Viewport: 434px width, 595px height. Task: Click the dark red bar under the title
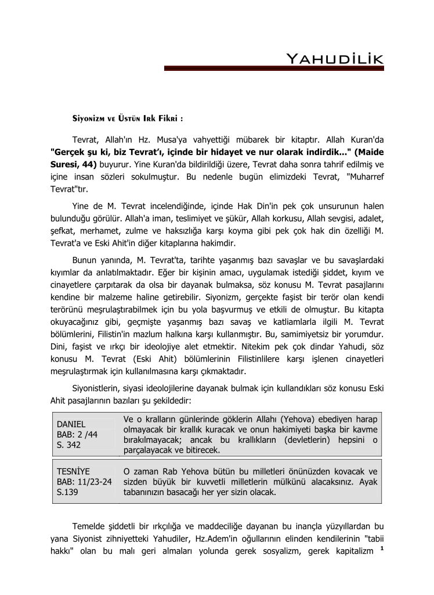(274, 69)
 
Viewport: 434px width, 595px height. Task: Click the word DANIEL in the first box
(71, 424)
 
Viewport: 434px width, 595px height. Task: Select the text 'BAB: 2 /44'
(77, 435)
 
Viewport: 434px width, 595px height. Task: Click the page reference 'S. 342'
(68, 445)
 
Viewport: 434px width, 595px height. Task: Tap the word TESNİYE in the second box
(73, 471)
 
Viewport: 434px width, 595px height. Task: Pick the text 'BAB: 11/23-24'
(84, 482)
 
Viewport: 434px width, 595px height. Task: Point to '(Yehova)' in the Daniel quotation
(304, 419)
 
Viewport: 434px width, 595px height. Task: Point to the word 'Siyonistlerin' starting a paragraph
(99, 389)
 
